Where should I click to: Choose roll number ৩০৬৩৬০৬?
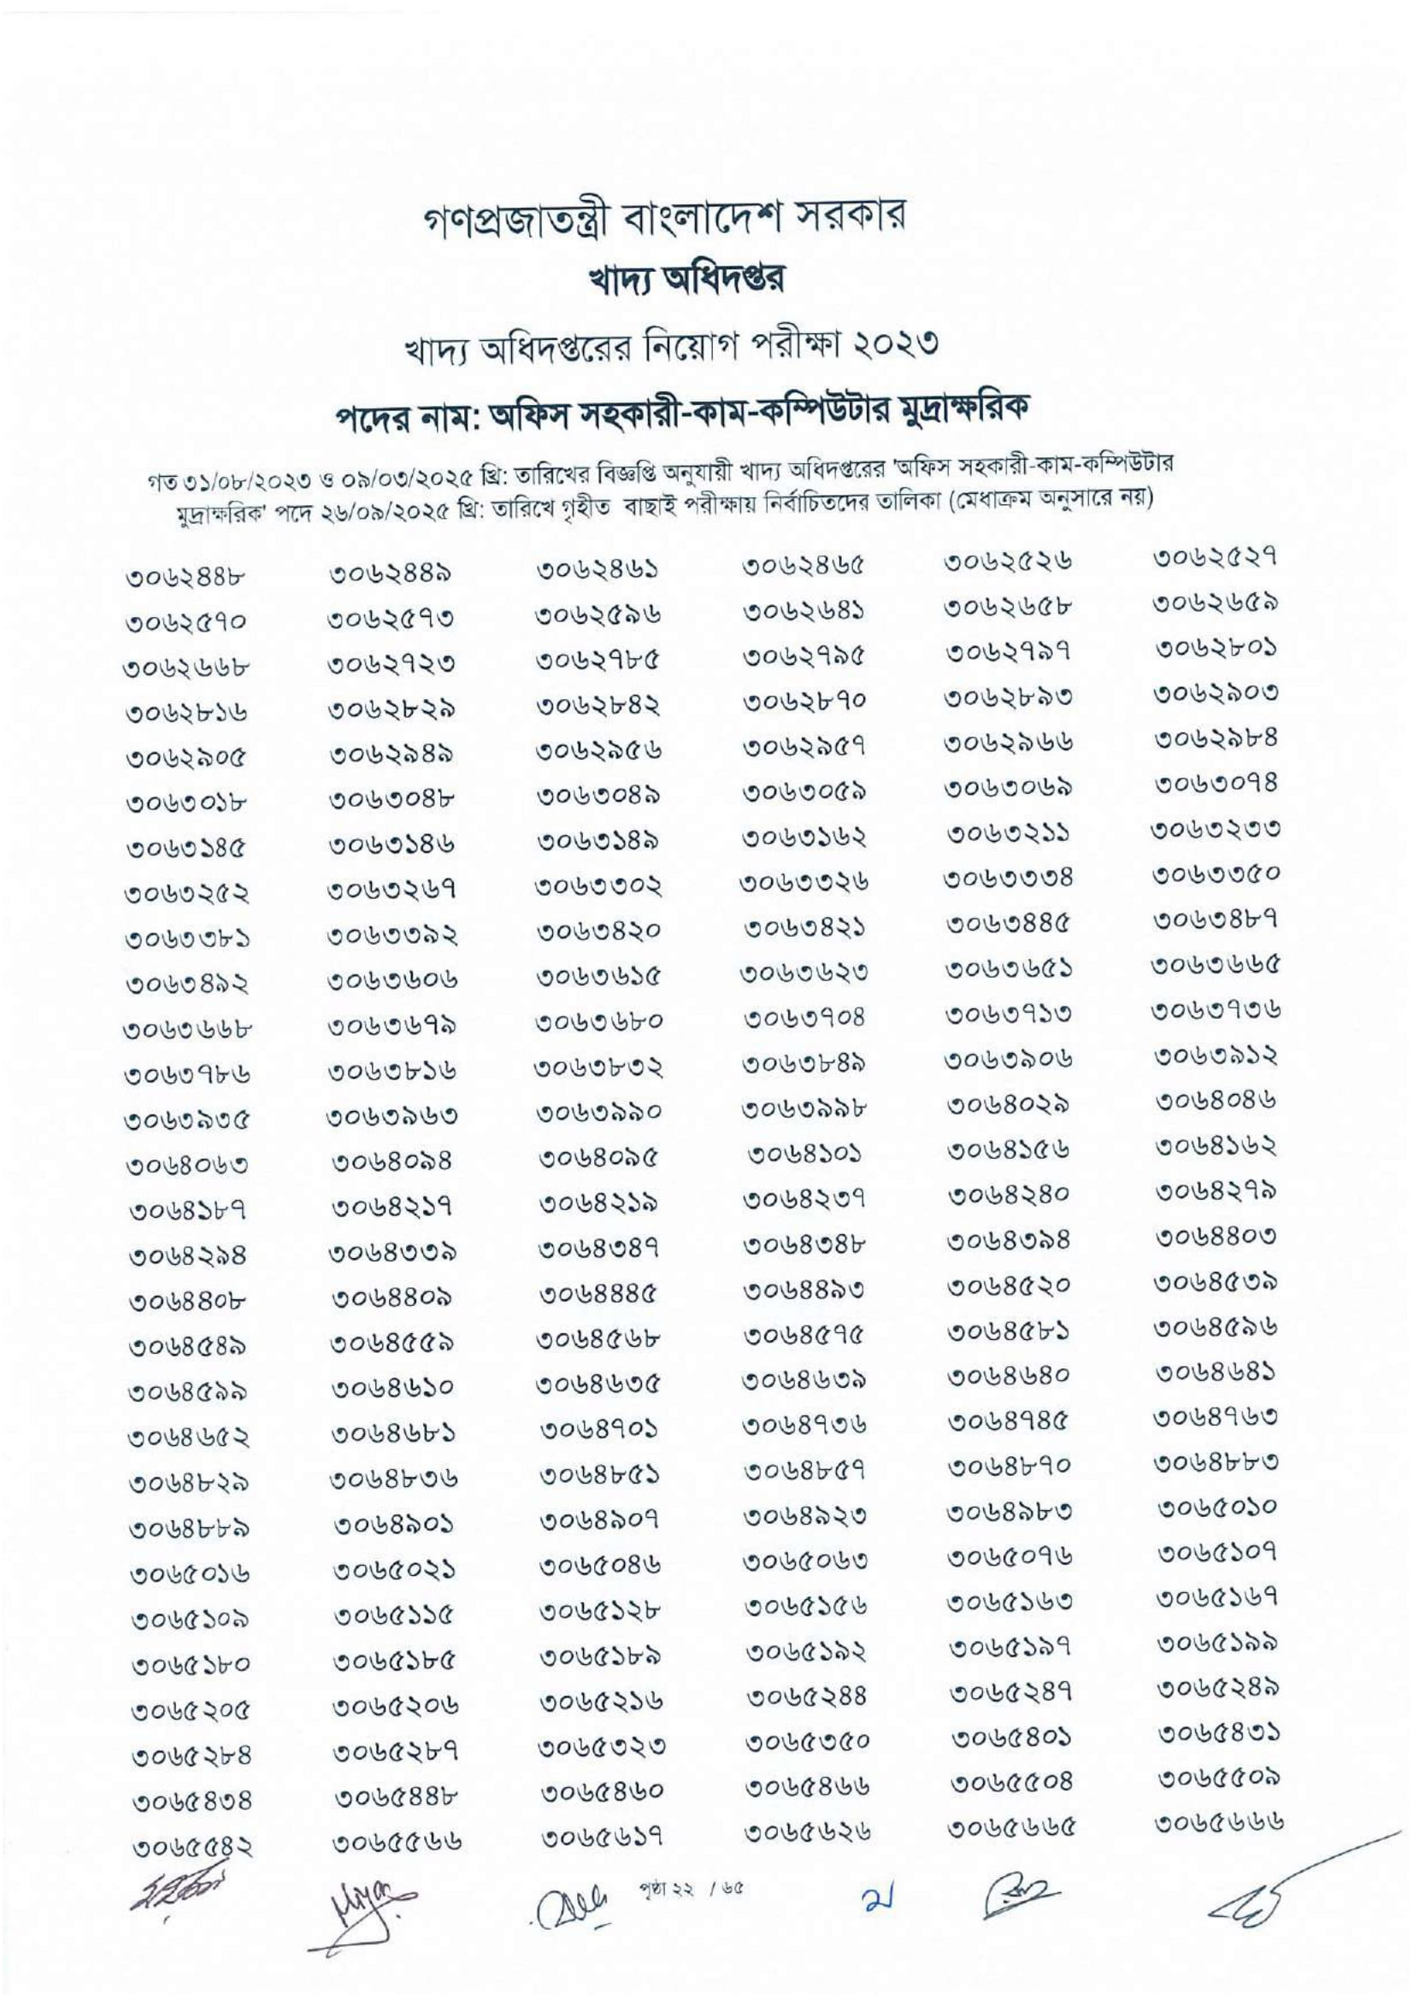tap(392, 982)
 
